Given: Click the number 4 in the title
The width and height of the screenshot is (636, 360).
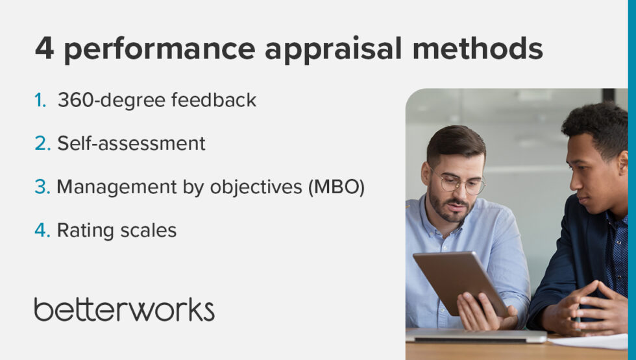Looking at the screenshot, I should (44, 49).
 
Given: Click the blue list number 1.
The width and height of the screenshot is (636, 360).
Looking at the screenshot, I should (40, 101).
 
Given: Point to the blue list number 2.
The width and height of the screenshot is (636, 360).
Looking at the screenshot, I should (42, 143).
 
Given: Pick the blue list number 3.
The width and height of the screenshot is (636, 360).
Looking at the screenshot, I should (42, 187).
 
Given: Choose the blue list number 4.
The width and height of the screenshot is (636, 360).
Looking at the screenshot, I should (42, 230).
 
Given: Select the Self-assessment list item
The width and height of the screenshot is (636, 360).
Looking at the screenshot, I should (131, 143).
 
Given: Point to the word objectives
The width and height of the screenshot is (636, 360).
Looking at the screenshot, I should (251, 187).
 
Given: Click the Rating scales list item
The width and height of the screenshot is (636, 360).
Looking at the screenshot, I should (117, 230).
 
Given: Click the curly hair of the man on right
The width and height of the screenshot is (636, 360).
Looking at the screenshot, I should (595, 123).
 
